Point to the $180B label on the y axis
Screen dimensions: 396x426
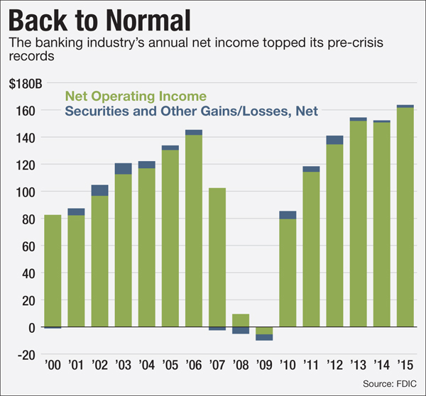[26, 83]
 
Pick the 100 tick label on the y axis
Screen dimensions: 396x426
[26, 192]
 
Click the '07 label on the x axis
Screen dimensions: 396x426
[217, 367]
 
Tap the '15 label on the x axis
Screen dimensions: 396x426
[405, 367]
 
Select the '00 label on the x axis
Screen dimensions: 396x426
[53, 367]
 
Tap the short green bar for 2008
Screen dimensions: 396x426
[241, 320]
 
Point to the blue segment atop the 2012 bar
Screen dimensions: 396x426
[334, 140]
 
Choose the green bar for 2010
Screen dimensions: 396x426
[288, 273]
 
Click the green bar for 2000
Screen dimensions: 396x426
[53, 270]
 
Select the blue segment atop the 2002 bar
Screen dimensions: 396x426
[100, 190]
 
